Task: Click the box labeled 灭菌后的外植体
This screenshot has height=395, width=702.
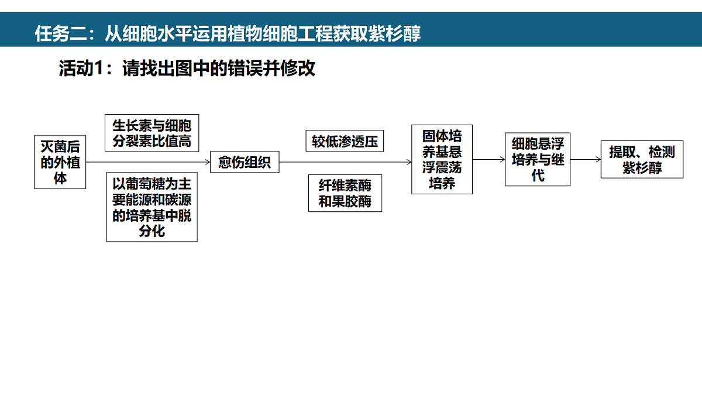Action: point(60,162)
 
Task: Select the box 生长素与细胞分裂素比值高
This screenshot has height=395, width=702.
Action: point(152,133)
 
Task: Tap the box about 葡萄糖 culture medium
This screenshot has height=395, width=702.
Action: point(152,207)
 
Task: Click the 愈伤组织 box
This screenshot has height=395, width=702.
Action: point(245,162)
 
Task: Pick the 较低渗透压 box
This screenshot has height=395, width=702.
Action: point(345,141)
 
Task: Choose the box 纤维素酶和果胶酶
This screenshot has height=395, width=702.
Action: point(345,193)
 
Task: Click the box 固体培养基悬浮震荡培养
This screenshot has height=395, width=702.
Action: point(442,160)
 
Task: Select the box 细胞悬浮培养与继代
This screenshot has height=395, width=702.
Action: point(538,160)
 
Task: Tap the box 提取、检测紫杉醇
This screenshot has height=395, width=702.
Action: point(642,160)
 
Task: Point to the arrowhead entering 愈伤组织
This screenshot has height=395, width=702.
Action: point(208,162)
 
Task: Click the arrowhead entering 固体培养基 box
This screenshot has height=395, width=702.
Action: point(409,162)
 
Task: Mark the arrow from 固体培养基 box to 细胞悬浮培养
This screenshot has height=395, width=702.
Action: point(489,160)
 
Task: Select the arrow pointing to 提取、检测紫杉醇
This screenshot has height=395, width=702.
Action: point(586,160)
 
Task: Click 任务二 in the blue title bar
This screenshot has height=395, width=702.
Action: point(61,33)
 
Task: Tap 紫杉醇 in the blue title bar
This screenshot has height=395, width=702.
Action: point(394,33)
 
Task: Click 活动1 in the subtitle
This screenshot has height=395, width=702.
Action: point(81,68)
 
